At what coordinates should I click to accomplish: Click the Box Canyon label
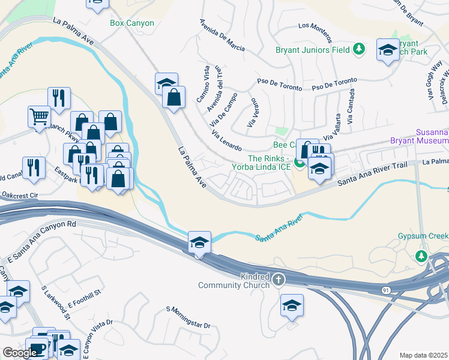click(132, 23)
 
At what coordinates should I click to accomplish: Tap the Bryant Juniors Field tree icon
click(359, 49)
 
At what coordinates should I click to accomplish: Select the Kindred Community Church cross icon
click(279, 279)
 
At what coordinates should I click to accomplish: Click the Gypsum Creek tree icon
click(421, 256)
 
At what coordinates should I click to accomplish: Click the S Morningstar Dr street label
click(188, 317)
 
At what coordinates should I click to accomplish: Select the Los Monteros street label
click(315, 26)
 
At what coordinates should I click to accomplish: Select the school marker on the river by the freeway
click(199, 242)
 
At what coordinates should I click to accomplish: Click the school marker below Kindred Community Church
click(292, 306)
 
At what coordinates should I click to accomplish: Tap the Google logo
click(20, 353)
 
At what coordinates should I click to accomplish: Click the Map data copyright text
click(423, 355)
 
